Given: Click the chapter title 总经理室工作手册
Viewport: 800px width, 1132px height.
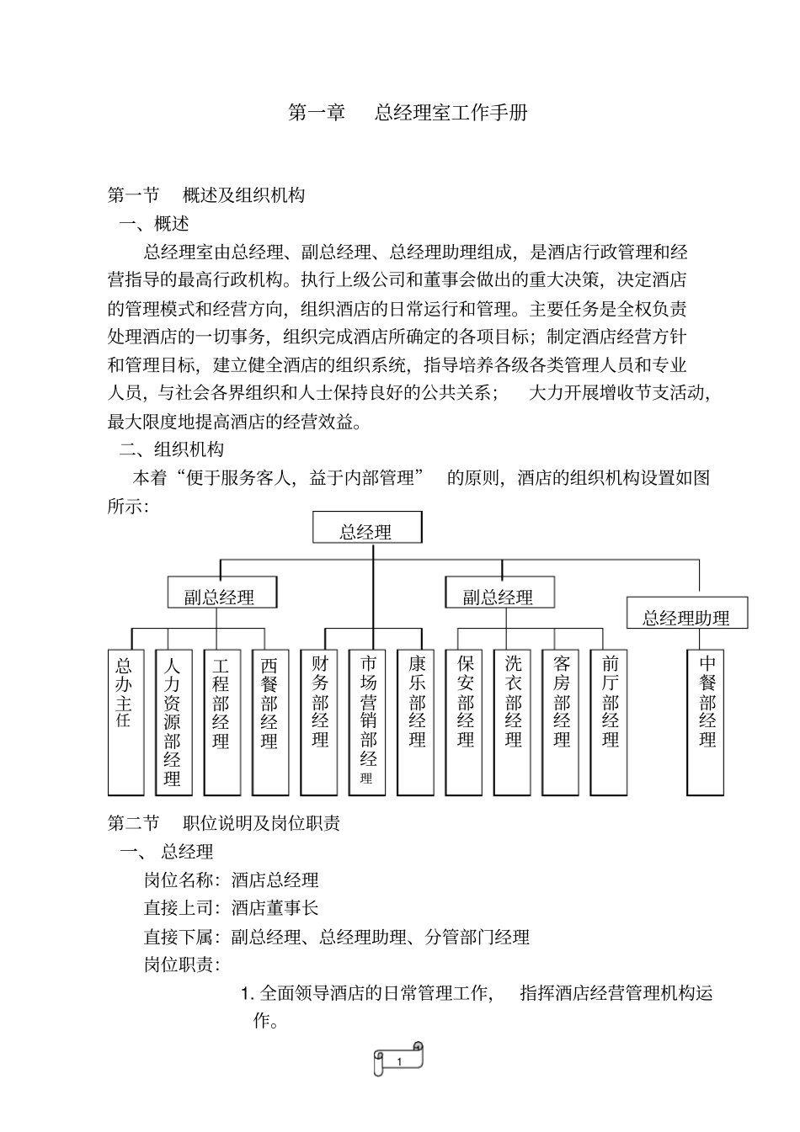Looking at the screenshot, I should [451, 113].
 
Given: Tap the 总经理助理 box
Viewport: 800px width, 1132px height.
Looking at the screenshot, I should [686, 615].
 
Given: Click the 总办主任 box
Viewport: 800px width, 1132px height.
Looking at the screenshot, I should [125, 722].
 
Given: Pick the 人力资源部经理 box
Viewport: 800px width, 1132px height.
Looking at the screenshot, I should [173, 722].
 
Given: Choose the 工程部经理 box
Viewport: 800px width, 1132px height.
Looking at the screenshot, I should [221, 722].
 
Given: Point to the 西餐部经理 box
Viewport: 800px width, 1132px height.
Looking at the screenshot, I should [269, 722].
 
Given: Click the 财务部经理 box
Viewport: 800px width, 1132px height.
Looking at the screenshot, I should [320, 722].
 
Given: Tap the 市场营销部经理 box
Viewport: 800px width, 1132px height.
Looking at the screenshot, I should [368, 722].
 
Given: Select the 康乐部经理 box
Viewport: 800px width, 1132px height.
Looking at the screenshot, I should [417, 722].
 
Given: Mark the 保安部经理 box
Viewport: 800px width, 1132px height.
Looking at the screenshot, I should [466, 722].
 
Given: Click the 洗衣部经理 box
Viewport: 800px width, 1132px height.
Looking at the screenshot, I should [514, 722].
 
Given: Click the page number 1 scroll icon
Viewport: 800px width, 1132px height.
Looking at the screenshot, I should [399, 1060].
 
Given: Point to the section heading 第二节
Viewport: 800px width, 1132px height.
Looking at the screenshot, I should [133, 822].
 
